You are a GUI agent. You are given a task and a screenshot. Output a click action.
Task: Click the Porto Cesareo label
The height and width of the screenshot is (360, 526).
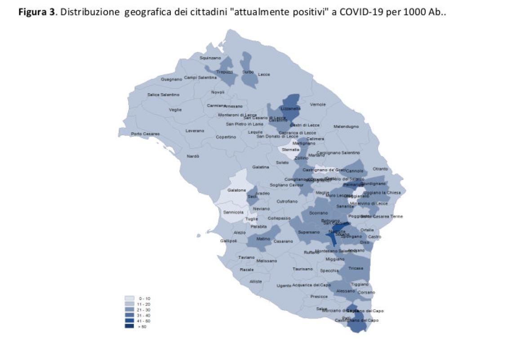[x=143, y=134]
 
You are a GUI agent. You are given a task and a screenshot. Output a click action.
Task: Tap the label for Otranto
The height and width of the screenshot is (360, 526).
[x=380, y=169]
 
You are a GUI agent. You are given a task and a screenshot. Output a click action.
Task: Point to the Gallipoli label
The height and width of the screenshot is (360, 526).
[x=228, y=241]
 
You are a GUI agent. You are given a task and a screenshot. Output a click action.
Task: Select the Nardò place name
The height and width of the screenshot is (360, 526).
[x=193, y=156]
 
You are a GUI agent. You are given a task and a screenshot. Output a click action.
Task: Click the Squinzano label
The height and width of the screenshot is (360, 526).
[x=210, y=58]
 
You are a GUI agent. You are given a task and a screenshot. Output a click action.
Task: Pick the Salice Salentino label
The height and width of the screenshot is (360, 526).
[x=163, y=95]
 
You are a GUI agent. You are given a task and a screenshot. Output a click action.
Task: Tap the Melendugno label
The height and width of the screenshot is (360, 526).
[x=346, y=127]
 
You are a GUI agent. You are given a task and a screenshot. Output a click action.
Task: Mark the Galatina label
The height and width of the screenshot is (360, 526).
[x=260, y=167]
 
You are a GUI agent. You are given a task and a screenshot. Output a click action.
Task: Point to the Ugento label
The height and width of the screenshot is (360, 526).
[x=284, y=286]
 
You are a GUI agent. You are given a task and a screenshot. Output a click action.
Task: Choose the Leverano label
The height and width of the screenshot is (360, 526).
[x=195, y=131]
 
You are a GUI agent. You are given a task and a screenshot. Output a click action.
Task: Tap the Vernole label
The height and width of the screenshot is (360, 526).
[x=318, y=105]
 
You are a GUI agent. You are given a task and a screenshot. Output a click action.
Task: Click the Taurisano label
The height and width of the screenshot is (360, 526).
[x=303, y=269]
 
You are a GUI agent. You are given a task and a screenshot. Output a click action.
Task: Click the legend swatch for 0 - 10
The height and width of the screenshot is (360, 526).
[x=129, y=298]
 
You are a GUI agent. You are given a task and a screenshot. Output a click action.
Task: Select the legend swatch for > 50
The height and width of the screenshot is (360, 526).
[x=129, y=326]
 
